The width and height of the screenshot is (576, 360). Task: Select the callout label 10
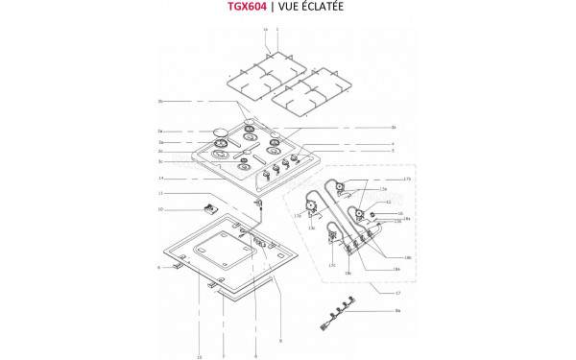pos(160,209)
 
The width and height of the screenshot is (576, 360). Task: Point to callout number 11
pos(160,195)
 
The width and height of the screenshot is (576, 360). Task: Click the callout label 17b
pos(407,180)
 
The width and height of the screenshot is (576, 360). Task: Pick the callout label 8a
pos(397,311)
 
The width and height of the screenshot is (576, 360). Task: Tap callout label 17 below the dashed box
pos(396,292)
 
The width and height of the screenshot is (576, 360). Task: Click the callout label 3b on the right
pos(394,128)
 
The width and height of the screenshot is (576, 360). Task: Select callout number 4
pos(394,143)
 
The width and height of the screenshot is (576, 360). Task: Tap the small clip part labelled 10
pos(207,208)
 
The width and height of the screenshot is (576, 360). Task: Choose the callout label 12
pos(388,202)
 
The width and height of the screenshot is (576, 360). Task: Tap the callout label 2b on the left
pos(160,101)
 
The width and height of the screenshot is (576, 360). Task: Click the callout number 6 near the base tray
pos(158,268)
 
